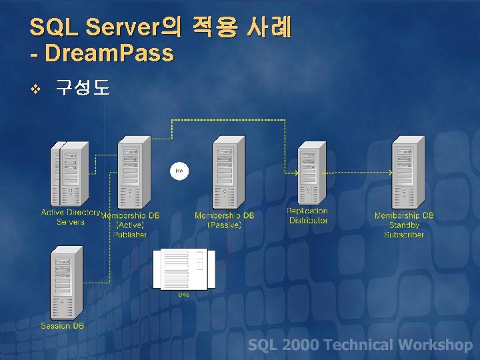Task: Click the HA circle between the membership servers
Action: point(179,171)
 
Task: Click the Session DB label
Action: point(63,326)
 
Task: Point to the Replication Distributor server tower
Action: point(308,173)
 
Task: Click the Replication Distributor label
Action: point(308,216)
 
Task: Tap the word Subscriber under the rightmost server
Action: point(404,235)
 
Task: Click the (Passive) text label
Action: point(225,225)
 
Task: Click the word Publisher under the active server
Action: point(130,235)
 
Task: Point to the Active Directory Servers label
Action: point(71,217)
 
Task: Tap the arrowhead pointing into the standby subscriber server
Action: point(389,172)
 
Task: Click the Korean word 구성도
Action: point(82,87)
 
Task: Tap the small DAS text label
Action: point(183,294)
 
